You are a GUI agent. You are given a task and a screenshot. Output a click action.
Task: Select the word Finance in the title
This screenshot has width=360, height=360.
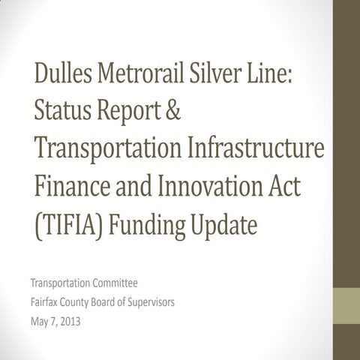tap(72, 184)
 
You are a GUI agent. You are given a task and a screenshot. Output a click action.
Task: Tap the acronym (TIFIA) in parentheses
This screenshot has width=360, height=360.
tap(68, 223)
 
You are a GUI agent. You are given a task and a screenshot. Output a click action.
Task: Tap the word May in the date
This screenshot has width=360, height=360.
tap(40, 324)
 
